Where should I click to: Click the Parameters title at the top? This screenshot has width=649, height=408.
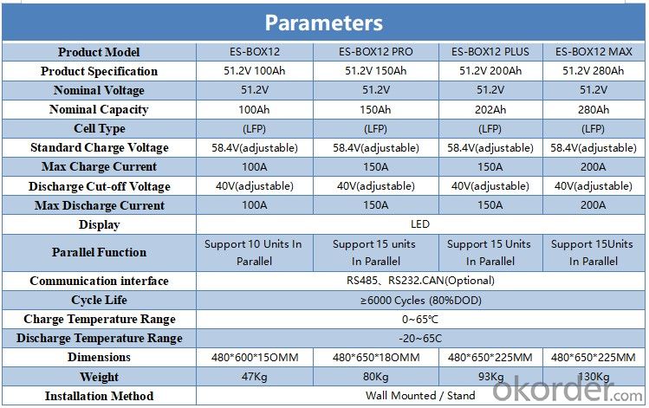(x=324, y=23)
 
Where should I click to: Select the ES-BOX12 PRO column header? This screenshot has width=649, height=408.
(x=375, y=52)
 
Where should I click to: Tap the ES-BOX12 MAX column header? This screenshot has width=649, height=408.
(x=594, y=52)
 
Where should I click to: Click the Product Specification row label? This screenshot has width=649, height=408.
(x=99, y=71)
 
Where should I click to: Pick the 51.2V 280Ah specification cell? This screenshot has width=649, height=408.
(x=594, y=71)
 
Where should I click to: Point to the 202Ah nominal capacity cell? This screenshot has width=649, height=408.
(x=490, y=109)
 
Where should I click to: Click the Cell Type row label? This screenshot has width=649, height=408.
(x=100, y=129)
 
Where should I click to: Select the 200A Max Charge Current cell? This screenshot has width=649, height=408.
(x=594, y=167)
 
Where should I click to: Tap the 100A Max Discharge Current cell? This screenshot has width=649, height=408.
(x=254, y=204)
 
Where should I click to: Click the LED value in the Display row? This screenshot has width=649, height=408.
(x=420, y=223)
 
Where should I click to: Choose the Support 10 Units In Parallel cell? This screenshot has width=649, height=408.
(x=253, y=252)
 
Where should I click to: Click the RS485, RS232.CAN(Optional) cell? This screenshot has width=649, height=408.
(x=420, y=281)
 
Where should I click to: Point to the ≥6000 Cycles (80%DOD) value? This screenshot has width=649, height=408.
(x=420, y=300)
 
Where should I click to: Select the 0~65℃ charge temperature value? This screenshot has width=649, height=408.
(x=420, y=319)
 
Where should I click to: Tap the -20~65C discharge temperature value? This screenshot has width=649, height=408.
(x=420, y=338)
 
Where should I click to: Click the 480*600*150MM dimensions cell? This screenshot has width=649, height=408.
(x=255, y=357)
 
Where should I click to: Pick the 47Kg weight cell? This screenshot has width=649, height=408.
(x=254, y=377)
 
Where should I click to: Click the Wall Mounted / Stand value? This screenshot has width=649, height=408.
(x=420, y=396)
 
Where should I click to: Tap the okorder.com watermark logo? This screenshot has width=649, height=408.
(x=568, y=390)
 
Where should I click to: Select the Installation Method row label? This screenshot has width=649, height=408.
(x=99, y=396)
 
